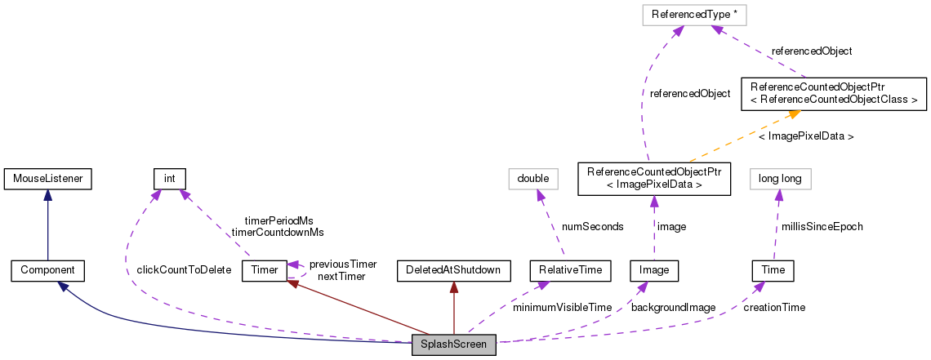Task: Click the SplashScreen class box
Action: pos(453,345)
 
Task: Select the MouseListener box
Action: pos(47,177)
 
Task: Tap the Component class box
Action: pos(47,269)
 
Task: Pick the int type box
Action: pos(170,177)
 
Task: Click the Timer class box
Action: pos(264,269)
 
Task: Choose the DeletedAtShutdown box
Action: pos(453,269)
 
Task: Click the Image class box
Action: pos(655,269)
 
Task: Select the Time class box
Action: pos(773,269)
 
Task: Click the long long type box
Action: pos(780,177)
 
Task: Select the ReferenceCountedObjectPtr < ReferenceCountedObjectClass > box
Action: pos(833,93)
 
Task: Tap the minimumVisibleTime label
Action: pos(562,307)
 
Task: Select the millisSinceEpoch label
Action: pos(822,226)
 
